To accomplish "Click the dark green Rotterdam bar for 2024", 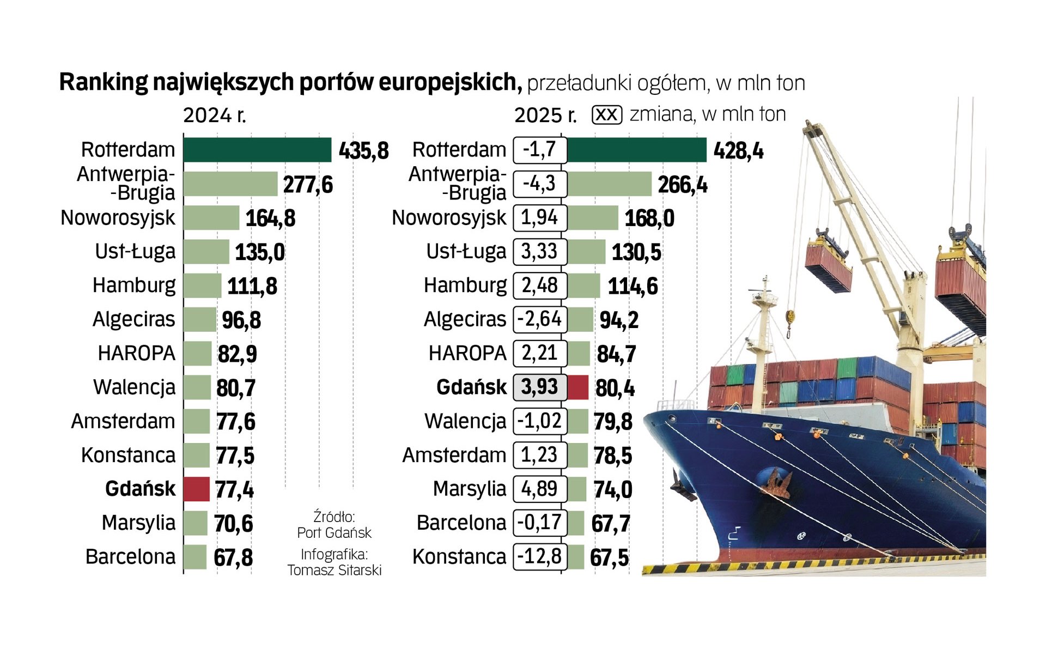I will (x=257, y=150).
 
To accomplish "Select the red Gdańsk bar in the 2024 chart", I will (x=196, y=489).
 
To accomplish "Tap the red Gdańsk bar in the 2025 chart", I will (x=578, y=387).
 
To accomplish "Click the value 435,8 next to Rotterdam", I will (x=363, y=151).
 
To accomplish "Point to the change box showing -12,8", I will (x=539, y=556).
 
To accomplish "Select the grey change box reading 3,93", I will (x=539, y=387).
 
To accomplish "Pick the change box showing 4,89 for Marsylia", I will (x=539, y=489).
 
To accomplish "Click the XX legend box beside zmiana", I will (x=606, y=115).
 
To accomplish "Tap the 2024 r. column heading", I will (x=214, y=116).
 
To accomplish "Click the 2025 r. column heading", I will (x=545, y=116).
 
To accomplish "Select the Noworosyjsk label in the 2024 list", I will (x=118, y=218).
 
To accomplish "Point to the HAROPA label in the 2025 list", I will (x=467, y=353).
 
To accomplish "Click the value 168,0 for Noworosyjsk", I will (x=649, y=219).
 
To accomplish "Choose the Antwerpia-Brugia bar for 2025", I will (x=609, y=184).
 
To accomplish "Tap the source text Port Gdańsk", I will (x=334, y=532).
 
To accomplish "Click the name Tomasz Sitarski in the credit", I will (x=334, y=570).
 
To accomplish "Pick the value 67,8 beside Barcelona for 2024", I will (x=233, y=557).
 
